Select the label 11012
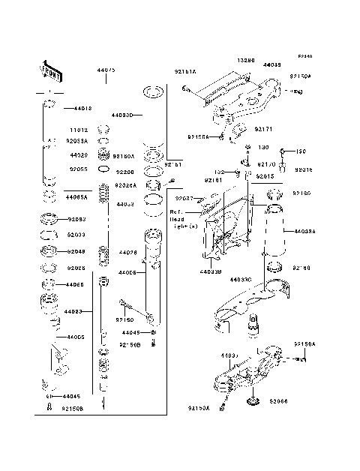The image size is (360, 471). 79,129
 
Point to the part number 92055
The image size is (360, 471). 79,169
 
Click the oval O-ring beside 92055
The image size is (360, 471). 49,168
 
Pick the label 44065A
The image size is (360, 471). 76,196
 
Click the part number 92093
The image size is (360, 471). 78,220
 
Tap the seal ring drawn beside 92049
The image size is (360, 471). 49,250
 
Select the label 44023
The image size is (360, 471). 73,310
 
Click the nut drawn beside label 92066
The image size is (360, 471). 253,404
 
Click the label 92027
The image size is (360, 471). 184,199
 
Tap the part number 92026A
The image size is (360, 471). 124,184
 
